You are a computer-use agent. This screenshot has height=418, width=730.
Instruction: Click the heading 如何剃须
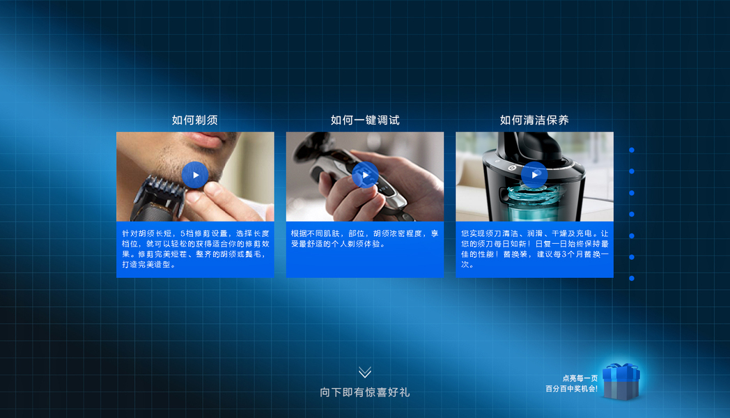coord(194,120)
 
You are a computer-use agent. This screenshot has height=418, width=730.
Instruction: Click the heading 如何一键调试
coord(365,120)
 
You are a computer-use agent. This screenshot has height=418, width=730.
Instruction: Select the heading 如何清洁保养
coord(534,120)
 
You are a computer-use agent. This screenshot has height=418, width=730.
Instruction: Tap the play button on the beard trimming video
coord(195,175)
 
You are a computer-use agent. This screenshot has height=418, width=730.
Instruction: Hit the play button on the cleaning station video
coord(534,175)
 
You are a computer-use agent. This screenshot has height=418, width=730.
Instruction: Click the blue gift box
coord(621,382)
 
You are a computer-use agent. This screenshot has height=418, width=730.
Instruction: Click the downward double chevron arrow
coord(365,372)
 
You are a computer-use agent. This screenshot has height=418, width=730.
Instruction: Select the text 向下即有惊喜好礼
coord(365,392)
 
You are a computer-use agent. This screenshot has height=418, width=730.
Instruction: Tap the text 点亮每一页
coord(580,378)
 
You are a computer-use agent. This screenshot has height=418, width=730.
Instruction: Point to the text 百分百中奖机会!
coord(571,389)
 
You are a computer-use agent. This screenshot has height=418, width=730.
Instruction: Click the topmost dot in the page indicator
coord(632,150)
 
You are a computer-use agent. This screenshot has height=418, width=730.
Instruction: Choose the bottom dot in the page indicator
coord(632,279)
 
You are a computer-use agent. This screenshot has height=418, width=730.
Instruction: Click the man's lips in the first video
coord(210,138)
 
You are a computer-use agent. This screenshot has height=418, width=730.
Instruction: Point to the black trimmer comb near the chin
coord(161,191)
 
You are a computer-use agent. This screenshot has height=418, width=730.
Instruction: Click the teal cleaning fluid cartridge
coord(534,205)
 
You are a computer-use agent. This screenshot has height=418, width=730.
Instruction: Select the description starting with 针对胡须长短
coord(196,249)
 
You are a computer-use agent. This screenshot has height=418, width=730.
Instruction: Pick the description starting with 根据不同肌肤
coord(364,239)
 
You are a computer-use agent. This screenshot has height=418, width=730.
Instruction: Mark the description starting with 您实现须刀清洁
coord(534,249)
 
